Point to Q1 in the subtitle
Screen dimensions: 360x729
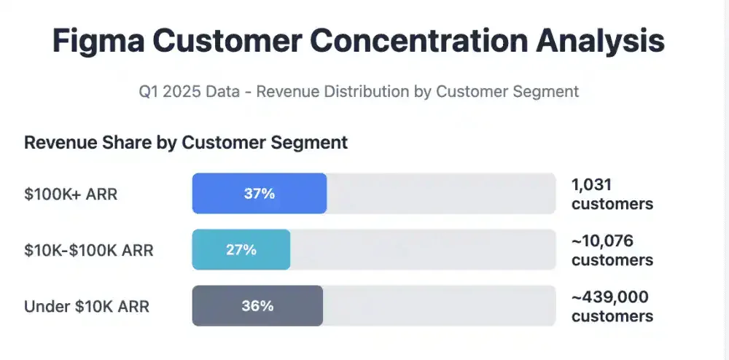click(x=149, y=92)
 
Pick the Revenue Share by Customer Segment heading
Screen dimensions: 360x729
click(x=186, y=142)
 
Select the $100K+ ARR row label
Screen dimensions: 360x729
click(x=71, y=194)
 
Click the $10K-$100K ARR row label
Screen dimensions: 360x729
click(x=89, y=250)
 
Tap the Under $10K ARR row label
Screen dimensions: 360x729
click(x=87, y=306)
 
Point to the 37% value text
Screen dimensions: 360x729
click(x=259, y=194)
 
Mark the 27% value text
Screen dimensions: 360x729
click(x=241, y=250)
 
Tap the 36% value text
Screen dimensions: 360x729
click(x=257, y=306)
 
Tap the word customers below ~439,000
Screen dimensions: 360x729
click(x=612, y=316)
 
